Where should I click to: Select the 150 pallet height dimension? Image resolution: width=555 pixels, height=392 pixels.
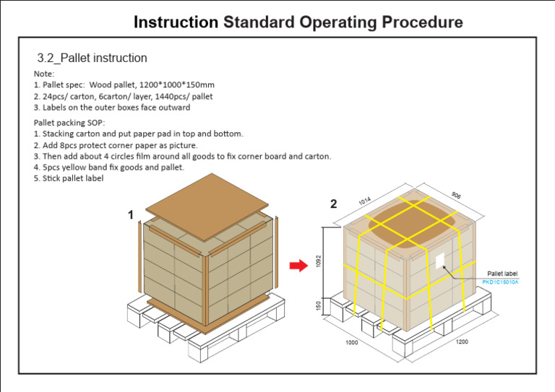(319, 308)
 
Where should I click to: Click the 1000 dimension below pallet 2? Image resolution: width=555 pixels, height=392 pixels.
(351, 342)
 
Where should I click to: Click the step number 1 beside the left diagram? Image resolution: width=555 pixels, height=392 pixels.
(131, 214)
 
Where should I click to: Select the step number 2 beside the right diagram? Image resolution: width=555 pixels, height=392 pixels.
(333, 204)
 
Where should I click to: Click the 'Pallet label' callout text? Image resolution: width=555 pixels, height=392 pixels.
(502, 274)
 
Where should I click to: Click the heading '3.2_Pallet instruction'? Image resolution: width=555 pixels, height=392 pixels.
(92, 58)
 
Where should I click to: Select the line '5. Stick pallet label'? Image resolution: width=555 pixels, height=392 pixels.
(69, 178)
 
